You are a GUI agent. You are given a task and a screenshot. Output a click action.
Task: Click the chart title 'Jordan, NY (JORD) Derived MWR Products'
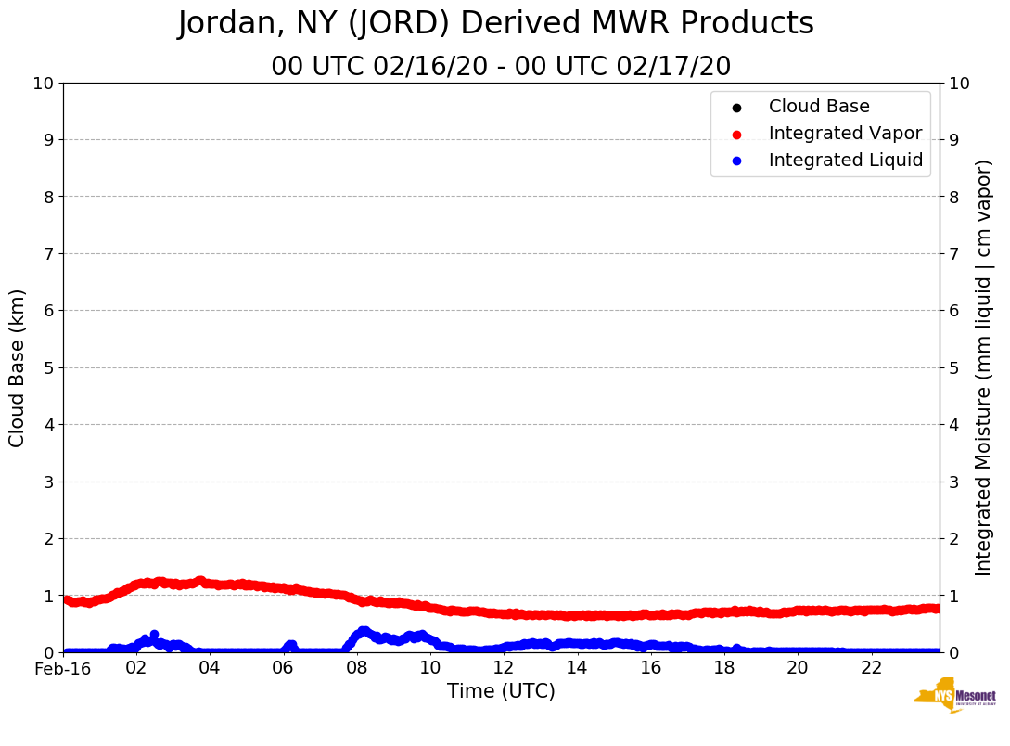pos(495,24)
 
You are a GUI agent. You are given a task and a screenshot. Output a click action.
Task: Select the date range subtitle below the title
pos(501,67)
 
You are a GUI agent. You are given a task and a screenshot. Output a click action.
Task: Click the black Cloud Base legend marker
pos(736,108)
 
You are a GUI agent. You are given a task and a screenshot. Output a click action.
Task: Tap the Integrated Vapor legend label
pos(845,134)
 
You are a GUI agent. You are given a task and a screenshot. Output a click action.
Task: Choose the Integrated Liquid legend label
pos(845,161)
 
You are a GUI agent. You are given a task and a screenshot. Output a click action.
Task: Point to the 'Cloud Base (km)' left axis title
pos(18,367)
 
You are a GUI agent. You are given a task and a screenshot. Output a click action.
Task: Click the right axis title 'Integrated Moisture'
pos(983,367)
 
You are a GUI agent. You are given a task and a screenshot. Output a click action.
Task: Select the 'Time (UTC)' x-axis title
pos(501,691)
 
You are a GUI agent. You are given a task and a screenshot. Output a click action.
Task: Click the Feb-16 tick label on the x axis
pos(63,668)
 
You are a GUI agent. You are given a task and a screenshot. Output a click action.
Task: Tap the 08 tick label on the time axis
pos(357,668)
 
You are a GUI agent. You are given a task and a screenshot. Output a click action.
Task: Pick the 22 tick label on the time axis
pos(871,668)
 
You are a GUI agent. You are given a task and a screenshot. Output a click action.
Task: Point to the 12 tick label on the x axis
pos(504,668)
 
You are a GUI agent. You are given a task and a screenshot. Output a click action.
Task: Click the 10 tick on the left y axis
pos(43,84)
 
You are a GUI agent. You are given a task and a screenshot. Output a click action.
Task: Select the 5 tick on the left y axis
pos(47,367)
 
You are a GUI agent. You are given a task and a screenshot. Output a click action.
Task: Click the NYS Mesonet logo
pos(954,696)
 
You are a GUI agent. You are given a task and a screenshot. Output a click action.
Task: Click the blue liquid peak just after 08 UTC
pos(363,632)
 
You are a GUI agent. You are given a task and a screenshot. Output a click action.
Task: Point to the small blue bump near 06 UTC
pos(290,645)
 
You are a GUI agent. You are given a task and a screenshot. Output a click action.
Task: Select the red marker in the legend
pos(736,135)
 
